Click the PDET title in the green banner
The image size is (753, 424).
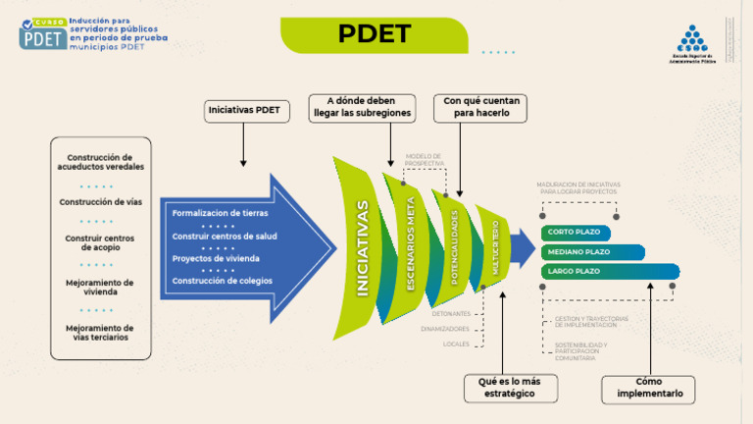(374, 34)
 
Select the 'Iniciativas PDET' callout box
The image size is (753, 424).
(243, 111)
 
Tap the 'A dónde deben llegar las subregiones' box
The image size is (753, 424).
(361, 108)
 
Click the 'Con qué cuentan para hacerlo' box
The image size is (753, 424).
(481, 108)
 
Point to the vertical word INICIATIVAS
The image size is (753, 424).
(363, 248)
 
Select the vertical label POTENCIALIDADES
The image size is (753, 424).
(454, 246)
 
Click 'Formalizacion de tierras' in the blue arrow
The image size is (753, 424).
(220, 213)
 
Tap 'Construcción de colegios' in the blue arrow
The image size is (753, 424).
(223, 281)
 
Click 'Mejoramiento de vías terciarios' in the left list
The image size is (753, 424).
(100, 333)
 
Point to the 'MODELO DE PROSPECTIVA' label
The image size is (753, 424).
(424, 158)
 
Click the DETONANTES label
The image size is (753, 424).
(451, 313)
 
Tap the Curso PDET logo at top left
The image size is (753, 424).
(43, 34)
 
